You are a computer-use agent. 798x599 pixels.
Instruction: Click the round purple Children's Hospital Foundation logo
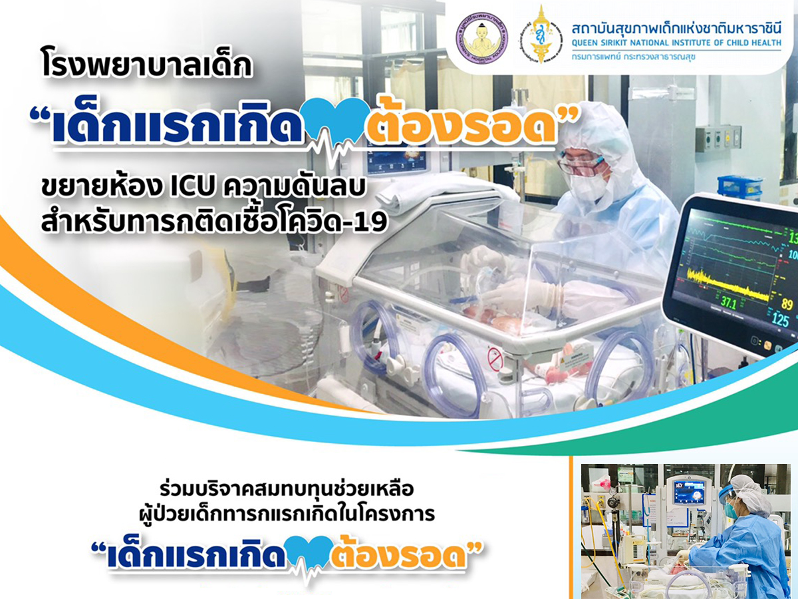click(x=482, y=39)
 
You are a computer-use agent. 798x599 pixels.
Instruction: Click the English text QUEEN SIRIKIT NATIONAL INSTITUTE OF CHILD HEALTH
click(x=676, y=43)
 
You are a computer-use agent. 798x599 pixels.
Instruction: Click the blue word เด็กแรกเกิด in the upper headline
click(x=177, y=124)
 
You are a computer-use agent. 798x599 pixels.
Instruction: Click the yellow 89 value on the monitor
click(x=787, y=303)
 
